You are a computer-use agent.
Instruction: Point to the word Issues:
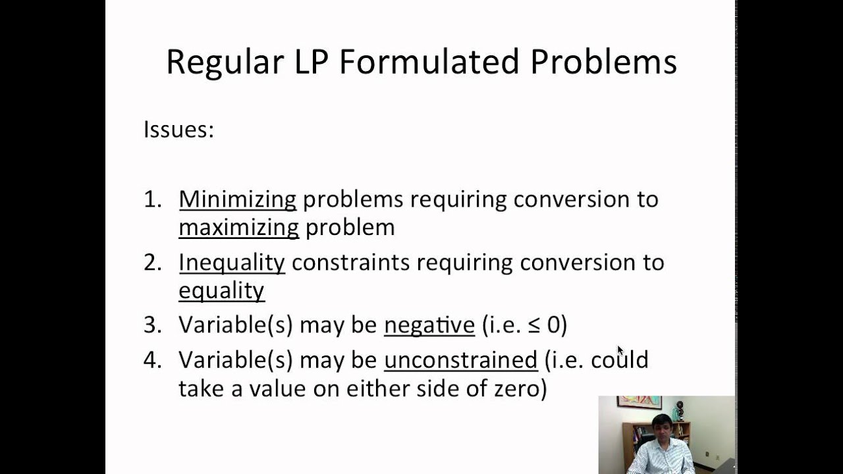point(178,130)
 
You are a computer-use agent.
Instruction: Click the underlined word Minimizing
point(237,199)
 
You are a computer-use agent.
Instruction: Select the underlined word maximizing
point(238,228)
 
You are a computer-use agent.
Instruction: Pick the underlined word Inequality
point(231,263)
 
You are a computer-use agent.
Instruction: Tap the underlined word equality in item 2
point(221,291)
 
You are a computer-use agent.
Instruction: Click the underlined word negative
point(429,325)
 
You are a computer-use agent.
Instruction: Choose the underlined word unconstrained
point(460,360)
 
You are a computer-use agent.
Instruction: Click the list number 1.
point(151,199)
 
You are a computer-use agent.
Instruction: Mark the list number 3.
point(151,325)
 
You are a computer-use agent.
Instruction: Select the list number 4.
point(151,360)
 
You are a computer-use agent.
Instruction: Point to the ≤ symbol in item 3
point(533,325)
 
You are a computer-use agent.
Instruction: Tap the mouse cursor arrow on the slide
point(620,351)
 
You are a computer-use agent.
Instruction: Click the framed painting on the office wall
point(639,402)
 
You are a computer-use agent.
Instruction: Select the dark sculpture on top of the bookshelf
point(679,410)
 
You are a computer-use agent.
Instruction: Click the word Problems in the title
point(603,63)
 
